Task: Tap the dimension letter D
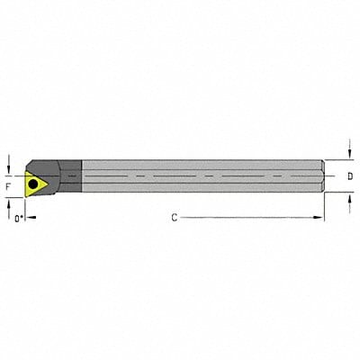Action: (x=350, y=177)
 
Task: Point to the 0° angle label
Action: (x=17, y=217)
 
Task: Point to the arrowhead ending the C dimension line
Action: (x=319, y=217)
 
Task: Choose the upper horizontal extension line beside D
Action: (x=338, y=161)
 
